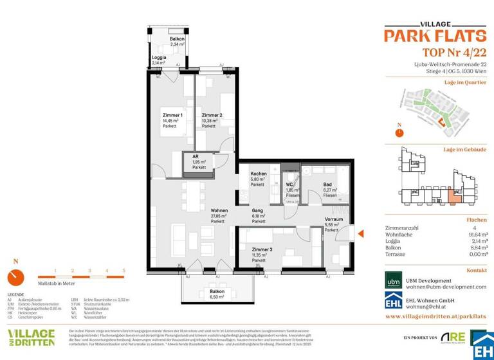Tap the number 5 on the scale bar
123,271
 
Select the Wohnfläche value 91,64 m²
476,235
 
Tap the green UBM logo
393,283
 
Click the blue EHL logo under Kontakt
393,304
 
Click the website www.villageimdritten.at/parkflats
435,317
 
